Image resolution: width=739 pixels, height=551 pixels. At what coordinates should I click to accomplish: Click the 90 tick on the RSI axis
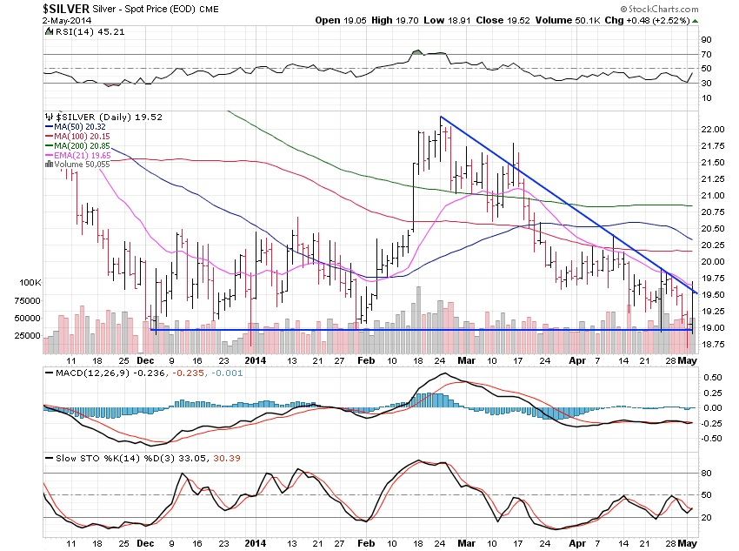coord(708,39)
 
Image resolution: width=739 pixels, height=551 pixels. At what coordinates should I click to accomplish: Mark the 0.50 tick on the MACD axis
coord(712,378)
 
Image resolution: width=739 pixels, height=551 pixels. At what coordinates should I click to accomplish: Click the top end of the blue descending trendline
coord(441,117)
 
